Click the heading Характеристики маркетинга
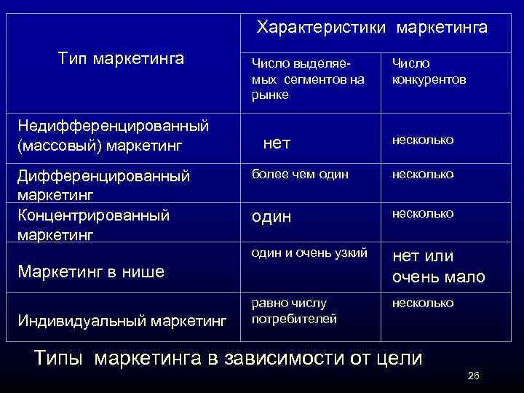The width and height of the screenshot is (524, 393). pos(372,28)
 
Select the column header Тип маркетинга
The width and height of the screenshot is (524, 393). pos(121,57)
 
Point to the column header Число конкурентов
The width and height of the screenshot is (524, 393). pos(429,72)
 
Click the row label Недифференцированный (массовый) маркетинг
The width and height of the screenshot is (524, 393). pos(113,135)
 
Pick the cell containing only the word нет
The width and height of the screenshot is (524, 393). pos(277,144)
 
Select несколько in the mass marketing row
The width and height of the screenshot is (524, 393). pos(423,139)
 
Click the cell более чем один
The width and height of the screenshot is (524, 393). pos(300,174)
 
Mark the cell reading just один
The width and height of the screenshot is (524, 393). pos(271,217)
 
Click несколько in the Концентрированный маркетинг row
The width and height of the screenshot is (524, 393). pos(423,213)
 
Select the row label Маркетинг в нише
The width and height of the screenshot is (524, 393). pos(91,272)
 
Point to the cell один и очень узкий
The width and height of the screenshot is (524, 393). pos(309,253)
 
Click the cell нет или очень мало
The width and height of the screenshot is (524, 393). pos(438,266)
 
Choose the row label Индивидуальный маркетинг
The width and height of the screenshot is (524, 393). pos(122,320)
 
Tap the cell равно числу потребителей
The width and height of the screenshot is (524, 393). pos(289,310)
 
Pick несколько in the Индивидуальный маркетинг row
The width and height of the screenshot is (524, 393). pos(423,302)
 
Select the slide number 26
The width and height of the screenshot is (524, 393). pos(473,376)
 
